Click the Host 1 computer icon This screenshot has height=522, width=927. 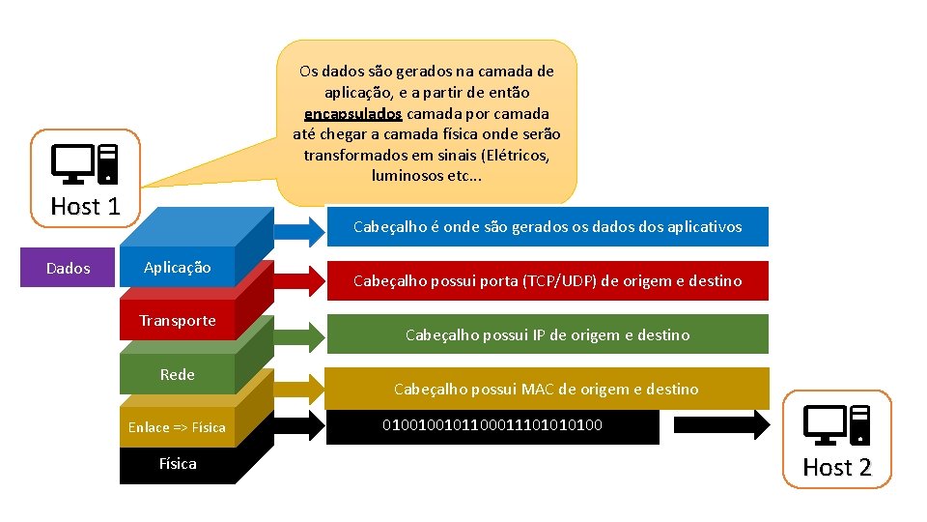coord(85,164)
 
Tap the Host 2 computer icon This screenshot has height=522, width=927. coord(837,426)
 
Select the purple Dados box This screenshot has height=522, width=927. coord(68,268)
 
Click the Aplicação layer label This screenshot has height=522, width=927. coord(177,268)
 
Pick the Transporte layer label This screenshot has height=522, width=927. coord(177,321)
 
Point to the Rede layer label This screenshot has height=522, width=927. coord(177,375)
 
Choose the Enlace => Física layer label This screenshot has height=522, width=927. coord(177,427)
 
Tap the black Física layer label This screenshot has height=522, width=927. coord(177,464)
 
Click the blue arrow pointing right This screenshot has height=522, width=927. coord(302,228)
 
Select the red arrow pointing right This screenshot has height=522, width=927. coord(302,280)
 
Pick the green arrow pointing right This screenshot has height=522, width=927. coord(302,334)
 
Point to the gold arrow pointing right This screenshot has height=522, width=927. coord(302,388)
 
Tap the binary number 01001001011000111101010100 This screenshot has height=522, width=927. coord(492,424)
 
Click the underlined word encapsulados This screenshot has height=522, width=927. coord(353,113)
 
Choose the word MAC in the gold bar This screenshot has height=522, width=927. coord(539,390)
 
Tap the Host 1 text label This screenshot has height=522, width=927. coord(85,206)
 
